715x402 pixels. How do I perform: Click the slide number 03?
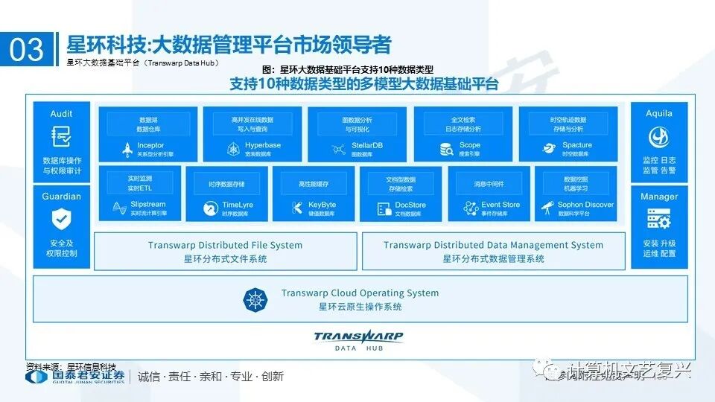pyautogui.click(x=27, y=49)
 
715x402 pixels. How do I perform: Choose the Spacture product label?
pyautogui.click(x=576, y=145)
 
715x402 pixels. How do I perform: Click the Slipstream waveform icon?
pyautogui.click(x=118, y=207)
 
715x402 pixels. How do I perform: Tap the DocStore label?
pyautogui.click(x=410, y=205)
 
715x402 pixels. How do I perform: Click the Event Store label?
pyautogui.click(x=500, y=205)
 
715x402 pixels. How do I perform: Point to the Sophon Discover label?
pyautogui.click(x=585, y=205)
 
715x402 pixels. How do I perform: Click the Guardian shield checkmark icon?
pyautogui.click(x=61, y=219)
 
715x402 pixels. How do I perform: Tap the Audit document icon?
pyautogui.click(x=61, y=136)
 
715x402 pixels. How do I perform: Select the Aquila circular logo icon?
pyautogui.click(x=658, y=136)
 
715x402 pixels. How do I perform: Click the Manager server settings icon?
pyautogui.click(x=658, y=219)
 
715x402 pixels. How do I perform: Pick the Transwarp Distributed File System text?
pyautogui.click(x=225, y=245)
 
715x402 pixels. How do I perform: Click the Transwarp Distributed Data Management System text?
pyautogui.click(x=493, y=245)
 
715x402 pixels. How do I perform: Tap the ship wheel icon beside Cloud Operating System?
pyautogui.click(x=255, y=299)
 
